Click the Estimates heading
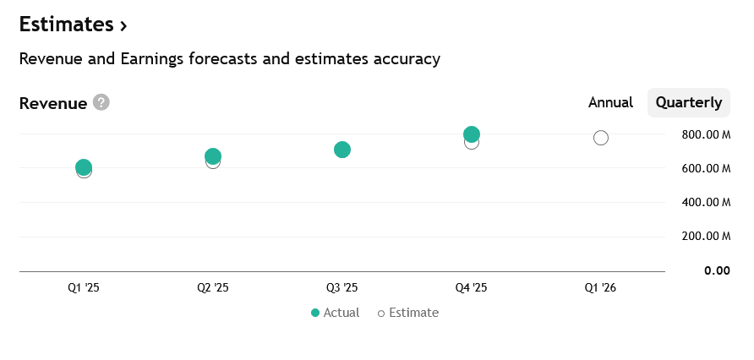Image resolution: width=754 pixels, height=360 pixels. (73, 25)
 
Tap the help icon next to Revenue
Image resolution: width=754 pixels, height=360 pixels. (101, 102)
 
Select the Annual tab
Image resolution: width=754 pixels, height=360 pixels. (610, 102)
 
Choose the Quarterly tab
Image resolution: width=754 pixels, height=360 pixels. (689, 102)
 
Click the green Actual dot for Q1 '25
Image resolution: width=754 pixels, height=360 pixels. (84, 167)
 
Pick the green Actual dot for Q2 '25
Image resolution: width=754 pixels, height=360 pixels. (213, 156)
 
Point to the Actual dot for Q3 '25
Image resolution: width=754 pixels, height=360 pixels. (342, 150)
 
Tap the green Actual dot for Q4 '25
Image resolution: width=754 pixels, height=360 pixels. (472, 134)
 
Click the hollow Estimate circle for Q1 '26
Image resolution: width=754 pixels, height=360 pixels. (601, 138)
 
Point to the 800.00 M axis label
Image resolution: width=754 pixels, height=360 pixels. (706, 134)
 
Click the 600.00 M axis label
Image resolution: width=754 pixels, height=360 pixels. (706, 168)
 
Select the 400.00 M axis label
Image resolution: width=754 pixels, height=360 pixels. (706, 203)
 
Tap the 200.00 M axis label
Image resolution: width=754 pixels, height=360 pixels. (706, 237)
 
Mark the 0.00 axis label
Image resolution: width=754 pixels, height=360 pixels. (717, 270)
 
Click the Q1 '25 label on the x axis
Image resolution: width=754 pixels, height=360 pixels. (84, 288)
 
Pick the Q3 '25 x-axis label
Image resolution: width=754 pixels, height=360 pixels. (342, 288)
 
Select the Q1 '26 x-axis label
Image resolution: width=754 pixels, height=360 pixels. (600, 288)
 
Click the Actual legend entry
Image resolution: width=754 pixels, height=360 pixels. (336, 313)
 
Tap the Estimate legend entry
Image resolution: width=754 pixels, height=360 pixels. (408, 313)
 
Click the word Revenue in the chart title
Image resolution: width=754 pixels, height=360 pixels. (52, 103)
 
